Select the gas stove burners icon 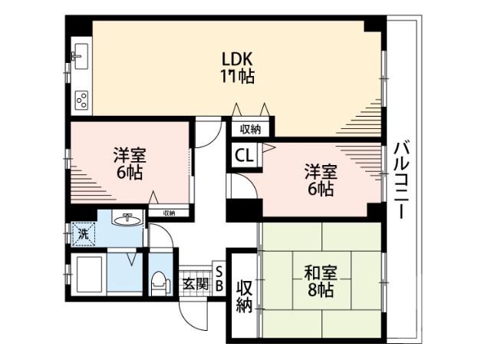(81, 99)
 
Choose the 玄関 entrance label (193, 282)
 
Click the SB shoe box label (218, 279)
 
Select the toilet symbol (159, 283)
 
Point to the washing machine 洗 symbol (81, 233)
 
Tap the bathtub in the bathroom (86, 274)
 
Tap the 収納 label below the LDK (250, 129)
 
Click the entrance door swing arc (198, 315)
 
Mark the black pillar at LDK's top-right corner (374, 23)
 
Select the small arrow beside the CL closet (268, 147)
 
